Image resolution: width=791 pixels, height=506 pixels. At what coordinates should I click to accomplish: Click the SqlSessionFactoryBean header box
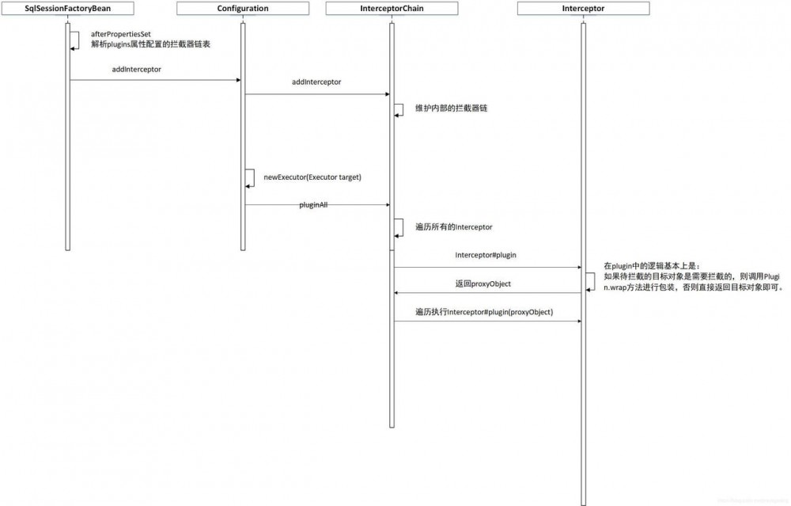pos(67,8)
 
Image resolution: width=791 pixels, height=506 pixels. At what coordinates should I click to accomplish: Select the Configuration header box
pos(243,8)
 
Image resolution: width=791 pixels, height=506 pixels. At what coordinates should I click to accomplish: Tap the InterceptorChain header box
pos(392,8)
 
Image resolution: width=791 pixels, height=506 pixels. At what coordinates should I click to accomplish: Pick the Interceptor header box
pos(583,8)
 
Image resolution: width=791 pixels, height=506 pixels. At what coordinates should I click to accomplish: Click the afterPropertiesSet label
pos(120,34)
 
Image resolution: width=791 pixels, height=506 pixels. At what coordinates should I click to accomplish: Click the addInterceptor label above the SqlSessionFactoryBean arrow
pos(136,69)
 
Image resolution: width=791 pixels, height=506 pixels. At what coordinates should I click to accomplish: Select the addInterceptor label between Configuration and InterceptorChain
pos(316,82)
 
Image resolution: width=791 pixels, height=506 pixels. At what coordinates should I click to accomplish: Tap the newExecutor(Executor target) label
pos(312,177)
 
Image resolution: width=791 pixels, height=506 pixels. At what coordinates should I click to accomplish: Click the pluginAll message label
pos(313,204)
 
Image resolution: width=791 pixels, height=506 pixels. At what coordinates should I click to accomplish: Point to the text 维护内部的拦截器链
pos(451,108)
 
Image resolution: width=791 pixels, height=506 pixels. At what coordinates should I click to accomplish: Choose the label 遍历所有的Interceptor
pos(453,226)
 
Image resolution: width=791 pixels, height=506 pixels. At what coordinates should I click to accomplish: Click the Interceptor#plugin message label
pos(486,255)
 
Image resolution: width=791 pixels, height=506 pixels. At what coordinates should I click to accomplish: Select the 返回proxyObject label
pos(483,283)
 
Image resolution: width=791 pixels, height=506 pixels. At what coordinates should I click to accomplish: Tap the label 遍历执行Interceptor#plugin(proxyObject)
pos(484,312)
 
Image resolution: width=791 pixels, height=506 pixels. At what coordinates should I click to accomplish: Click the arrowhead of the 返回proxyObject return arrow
pos(396,293)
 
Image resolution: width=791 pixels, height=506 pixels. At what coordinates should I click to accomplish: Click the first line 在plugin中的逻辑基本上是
pos(652,265)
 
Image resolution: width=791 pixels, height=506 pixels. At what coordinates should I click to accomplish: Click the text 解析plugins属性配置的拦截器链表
pos(150,44)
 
